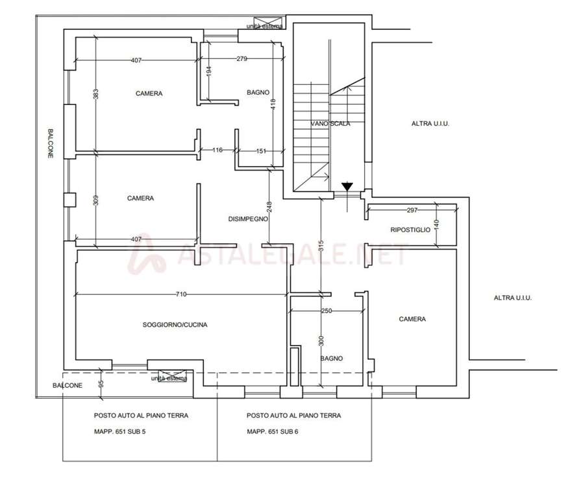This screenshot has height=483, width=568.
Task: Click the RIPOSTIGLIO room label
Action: [410, 230]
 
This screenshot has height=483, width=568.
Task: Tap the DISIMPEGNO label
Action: [248, 219]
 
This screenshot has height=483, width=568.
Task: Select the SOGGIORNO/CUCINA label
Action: [175, 325]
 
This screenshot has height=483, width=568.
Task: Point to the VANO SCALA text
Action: [330, 124]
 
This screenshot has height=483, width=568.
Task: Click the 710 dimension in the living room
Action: [181, 294]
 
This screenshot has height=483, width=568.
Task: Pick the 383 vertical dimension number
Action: [95, 94]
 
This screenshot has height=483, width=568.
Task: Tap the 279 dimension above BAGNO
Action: [242, 58]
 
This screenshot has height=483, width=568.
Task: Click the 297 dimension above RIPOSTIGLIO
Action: [412, 210]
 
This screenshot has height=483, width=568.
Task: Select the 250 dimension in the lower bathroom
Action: [327, 311]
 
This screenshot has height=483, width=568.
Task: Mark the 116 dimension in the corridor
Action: [217, 150]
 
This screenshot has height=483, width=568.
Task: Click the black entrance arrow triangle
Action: [347, 187]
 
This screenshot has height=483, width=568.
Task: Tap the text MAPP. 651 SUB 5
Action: [120, 432]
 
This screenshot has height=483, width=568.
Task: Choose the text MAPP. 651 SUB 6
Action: [273, 432]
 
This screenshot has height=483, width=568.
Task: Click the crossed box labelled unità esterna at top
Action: [267, 23]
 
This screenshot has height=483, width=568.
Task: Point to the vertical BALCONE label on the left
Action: [51, 143]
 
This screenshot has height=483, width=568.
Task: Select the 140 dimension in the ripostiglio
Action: [436, 225]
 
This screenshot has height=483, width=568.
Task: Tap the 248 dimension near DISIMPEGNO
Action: [269, 207]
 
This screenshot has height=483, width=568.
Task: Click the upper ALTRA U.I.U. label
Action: [430, 124]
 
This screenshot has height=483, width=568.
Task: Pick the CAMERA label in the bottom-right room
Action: [412, 319]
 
